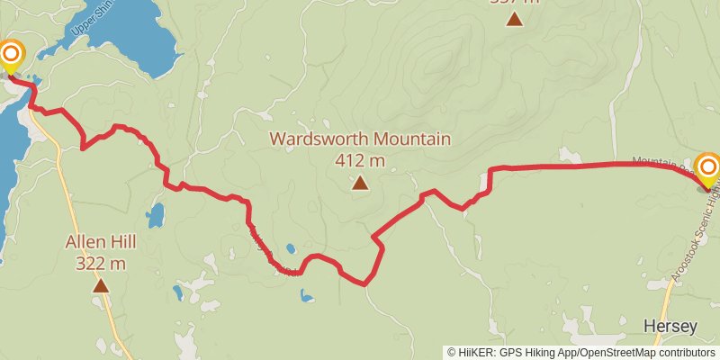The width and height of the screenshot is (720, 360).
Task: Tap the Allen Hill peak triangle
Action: (x=101, y=286)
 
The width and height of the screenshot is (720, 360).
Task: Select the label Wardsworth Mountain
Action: (x=360, y=139)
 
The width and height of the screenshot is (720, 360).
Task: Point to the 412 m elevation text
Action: (x=360, y=161)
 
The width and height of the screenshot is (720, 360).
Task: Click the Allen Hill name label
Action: (x=101, y=242)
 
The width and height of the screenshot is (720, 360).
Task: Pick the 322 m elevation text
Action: (x=101, y=264)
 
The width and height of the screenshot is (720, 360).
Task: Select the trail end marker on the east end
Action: (x=708, y=168)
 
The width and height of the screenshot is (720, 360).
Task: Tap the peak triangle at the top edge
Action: (x=514, y=18)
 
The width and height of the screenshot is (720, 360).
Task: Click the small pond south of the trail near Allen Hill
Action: (x=156, y=215)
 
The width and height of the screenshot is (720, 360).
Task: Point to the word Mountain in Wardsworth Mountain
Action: (x=410, y=139)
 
